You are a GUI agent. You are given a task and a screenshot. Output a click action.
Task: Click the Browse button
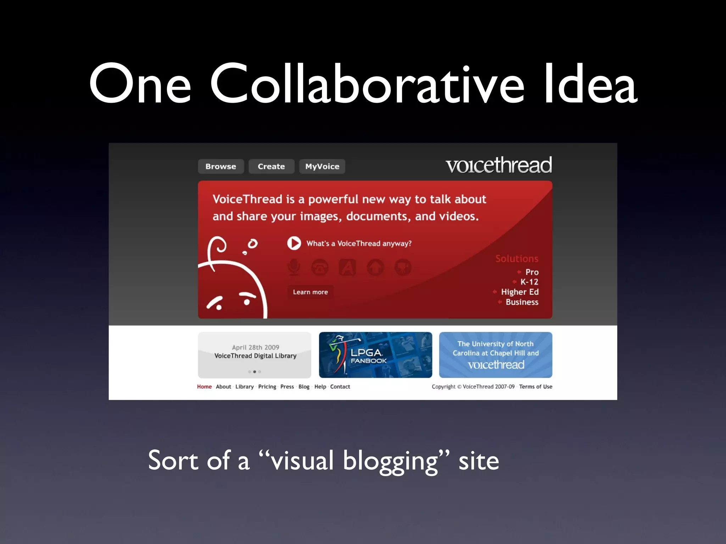220,166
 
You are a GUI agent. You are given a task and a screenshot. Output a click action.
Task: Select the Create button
271,166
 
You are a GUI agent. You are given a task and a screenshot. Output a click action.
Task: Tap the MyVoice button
322,166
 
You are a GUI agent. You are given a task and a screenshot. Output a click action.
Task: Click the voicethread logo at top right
499,165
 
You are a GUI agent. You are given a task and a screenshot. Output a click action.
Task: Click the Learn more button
310,292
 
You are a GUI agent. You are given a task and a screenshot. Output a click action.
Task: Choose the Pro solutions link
532,272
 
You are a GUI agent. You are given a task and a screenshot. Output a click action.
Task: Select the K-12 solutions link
529,282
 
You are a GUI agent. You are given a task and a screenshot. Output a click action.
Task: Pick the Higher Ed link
520,292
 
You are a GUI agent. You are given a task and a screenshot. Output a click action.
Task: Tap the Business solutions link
522,302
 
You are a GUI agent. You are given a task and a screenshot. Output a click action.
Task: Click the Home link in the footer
204,387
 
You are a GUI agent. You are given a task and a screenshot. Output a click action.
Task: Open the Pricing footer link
267,387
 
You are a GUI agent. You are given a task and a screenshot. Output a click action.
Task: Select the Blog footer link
304,387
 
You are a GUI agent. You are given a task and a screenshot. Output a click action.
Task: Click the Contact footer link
340,387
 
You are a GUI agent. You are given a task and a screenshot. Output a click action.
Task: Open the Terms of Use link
536,387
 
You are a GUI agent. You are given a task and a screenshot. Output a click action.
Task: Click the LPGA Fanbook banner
375,355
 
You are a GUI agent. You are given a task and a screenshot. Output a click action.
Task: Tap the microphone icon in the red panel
294,267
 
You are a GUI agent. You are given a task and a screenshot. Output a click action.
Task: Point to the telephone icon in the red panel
320,267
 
